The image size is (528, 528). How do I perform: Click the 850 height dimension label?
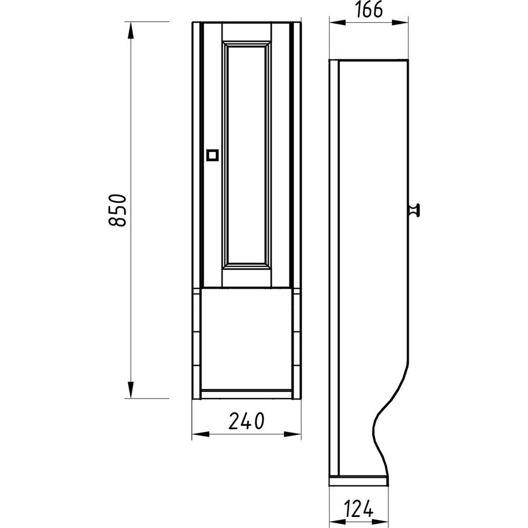click(118, 210)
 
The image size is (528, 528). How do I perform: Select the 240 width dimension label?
click(247, 421)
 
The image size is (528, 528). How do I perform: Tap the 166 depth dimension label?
click(369, 10)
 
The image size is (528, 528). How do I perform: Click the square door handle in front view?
click(212, 155)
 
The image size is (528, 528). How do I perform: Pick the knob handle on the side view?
click(414, 210)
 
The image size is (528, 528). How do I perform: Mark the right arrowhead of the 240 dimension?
click(293, 435)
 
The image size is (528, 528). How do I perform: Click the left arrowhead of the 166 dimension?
click(337, 23)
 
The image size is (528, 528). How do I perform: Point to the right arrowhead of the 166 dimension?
click(400, 23)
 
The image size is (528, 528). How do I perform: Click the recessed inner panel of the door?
click(247, 155)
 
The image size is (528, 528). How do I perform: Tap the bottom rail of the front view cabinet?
click(247, 394)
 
